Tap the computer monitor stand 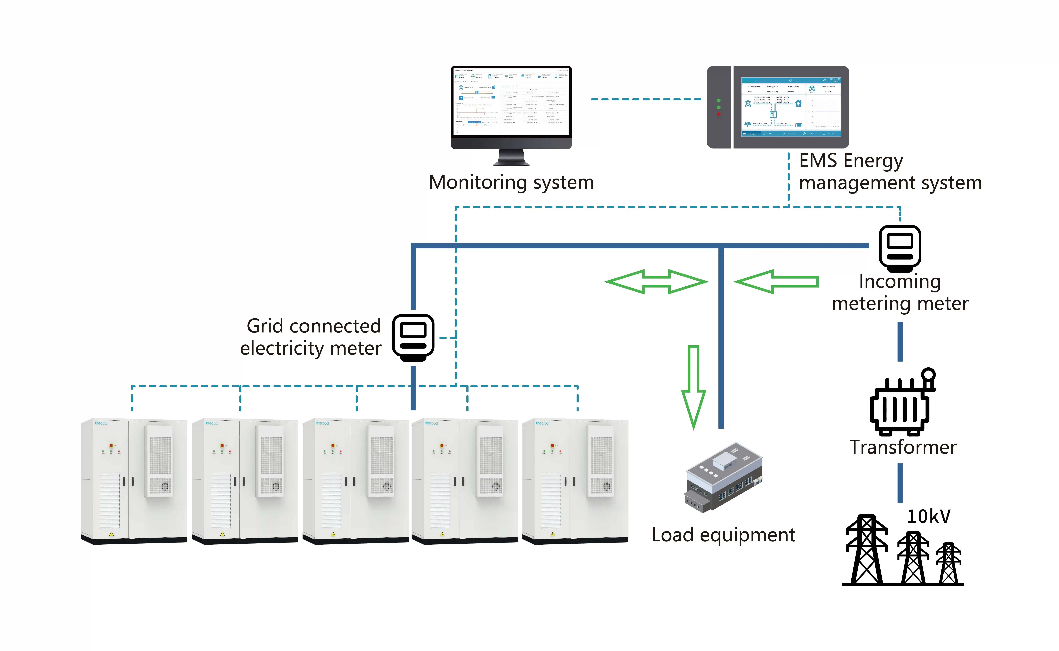click(x=511, y=158)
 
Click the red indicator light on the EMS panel click(x=718, y=114)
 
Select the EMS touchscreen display click(x=791, y=107)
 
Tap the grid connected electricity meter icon click(x=413, y=337)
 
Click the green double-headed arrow click(x=656, y=282)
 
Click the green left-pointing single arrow click(x=776, y=282)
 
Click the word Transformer click(x=902, y=447)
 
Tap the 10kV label click(x=928, y=516)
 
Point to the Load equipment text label click(x=723, y=535)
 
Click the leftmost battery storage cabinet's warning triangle click(x=112, y=534)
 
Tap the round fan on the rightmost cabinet click(x=606, y=487)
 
